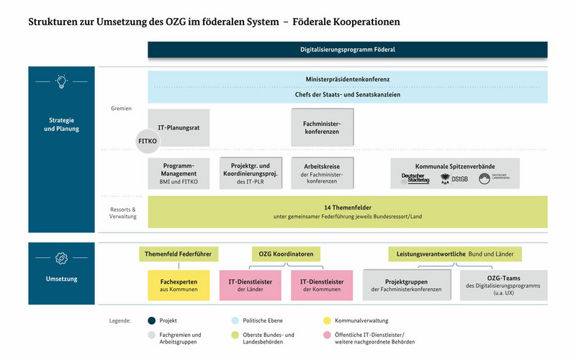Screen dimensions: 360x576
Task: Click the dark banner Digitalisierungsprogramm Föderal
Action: pyautogui.click(x=347, y=50)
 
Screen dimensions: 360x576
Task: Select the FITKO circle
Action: pyautogui.click(x=147, y=142)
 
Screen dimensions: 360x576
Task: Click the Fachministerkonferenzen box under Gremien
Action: pyautogui.click(x=322, y=127)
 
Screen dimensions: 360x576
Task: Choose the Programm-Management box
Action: pyautogui.click(x=179, y=174)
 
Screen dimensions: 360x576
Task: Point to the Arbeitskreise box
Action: pyautogui.click(x=322, y=174)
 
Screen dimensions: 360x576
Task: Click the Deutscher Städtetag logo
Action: pyautogui.click(x=415, y=179)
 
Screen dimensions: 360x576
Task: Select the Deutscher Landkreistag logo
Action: pyautogui.click(x=495, y=179)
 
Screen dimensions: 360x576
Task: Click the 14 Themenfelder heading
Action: pyautogui.click(x=347, y=207)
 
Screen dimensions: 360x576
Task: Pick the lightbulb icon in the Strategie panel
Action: pyautogui.click(x=61, y=81)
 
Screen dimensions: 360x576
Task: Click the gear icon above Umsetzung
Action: pyautogui.click(x=61, y=257)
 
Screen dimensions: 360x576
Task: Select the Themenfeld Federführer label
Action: pyautogui.click(x=179, y=254)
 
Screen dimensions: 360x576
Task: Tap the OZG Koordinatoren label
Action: pyautogui.click(x=287, y=254)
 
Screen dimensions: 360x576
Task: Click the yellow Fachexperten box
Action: pyautogui.click(x=179, y=285)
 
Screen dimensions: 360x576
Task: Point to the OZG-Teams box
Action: pyautogui.click(x=503, y=285)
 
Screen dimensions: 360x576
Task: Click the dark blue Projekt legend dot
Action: pyautogui.click(x=152, y=320)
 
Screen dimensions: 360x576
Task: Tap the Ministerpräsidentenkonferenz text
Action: pyautogui.click(x=347, y=79)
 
